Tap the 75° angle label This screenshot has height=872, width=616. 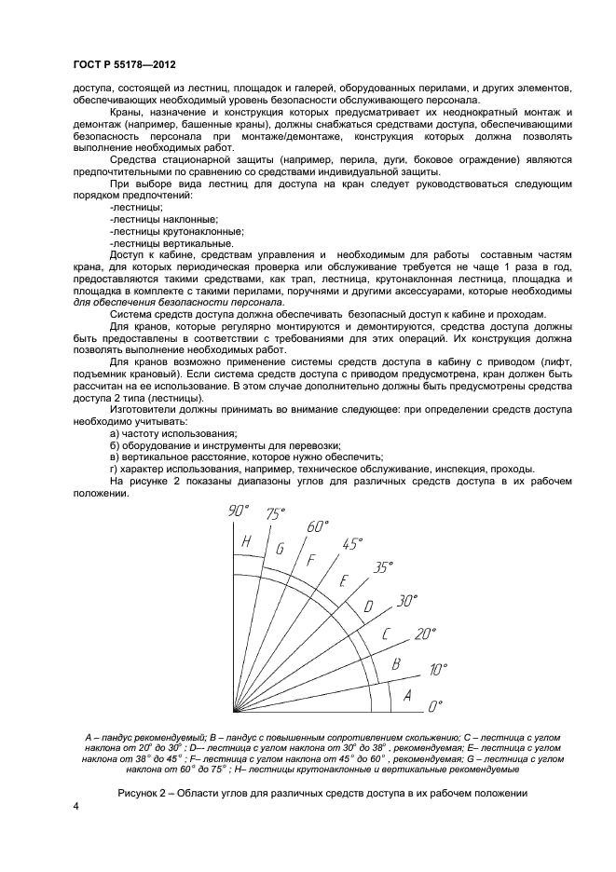(x=275, y=513)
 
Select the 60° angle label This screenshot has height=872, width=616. (x=320, y=526)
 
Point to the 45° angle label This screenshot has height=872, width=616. (x=353, y=544)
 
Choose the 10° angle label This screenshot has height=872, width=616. (x=438, y=669)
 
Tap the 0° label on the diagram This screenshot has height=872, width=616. (x=433, y=707)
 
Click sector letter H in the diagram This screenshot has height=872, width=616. (x=246, y=542)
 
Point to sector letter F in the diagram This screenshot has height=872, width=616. (x=312, y=560)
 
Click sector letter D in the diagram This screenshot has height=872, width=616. (x=368, y=606)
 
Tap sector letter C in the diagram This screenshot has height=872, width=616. (x=385, y=635)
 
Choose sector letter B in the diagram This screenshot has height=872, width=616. (x=396, y=664)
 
